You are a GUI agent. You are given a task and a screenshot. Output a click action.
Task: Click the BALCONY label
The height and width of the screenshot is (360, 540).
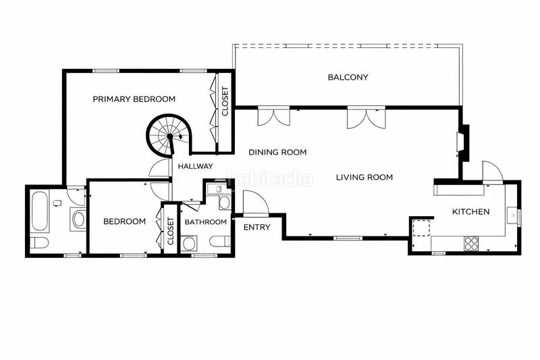348,77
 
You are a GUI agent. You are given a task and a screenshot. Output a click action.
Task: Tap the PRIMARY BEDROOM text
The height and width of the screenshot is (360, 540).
134,99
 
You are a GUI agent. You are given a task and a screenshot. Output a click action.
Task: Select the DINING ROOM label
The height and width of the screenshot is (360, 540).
277,152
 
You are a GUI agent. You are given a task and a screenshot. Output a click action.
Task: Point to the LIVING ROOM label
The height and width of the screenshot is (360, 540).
364,178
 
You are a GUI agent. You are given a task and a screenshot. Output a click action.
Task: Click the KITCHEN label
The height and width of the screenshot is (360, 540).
470,211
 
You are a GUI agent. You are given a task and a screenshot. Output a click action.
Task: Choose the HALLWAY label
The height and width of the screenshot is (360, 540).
195,166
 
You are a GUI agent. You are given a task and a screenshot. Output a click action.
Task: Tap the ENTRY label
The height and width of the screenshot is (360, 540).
257,228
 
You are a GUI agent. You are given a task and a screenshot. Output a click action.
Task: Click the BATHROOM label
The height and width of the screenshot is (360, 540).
206,222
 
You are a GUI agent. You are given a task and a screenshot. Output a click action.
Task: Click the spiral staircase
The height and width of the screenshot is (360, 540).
169,136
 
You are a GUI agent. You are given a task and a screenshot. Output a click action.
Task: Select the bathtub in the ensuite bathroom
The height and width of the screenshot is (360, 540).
39,211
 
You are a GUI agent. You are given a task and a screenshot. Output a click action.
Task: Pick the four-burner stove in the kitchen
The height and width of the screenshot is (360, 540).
471,243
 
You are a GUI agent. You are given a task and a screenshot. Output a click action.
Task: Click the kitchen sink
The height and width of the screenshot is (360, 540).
512,216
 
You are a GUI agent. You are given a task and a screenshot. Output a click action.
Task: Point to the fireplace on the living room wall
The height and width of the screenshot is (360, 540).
463,143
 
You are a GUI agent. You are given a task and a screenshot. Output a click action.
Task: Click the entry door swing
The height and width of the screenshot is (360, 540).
256,203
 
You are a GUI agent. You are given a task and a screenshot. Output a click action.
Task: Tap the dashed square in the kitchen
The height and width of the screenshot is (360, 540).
421,228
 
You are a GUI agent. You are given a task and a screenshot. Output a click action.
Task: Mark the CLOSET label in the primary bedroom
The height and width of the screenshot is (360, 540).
225,101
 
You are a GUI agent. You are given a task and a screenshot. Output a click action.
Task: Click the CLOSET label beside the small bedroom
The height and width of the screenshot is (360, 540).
171,231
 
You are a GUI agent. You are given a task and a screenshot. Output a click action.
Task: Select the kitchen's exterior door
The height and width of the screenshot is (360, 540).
493,172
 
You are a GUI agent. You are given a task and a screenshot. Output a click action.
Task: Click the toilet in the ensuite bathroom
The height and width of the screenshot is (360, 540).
38,243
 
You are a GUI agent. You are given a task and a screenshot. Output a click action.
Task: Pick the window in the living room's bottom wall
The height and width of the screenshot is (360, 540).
348,238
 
